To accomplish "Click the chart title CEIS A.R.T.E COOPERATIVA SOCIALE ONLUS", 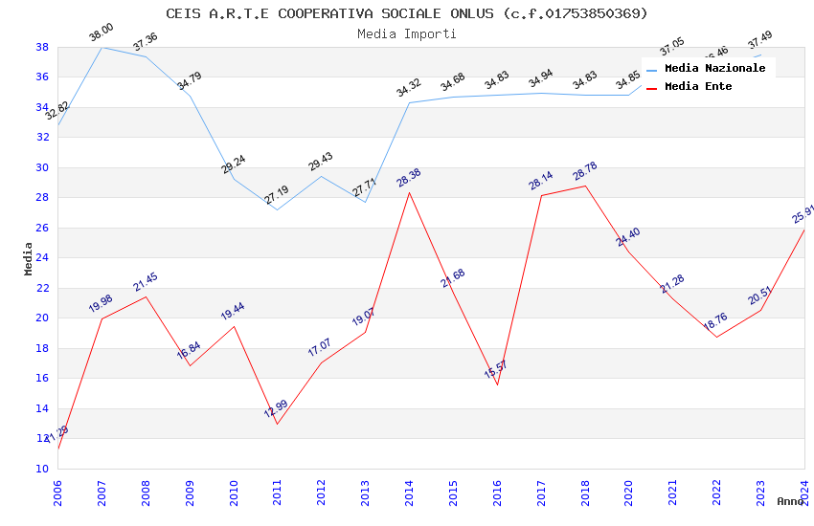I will tap(407, 13).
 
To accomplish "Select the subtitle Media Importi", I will tap(407, 33).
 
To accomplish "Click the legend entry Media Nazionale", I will tap(714, 69).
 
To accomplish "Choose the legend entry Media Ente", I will tap(698, 87).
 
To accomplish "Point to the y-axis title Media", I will tap(29, 258).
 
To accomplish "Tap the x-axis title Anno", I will tap(790, 501).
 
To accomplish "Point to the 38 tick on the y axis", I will tap(42, 47).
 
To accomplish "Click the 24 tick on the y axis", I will tap(42, 258).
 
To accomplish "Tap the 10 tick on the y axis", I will tap(42, 469).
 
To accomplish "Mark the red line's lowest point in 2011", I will tap(278, 424).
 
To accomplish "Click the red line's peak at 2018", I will tap(585, 186).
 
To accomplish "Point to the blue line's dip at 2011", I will tap(278, 209).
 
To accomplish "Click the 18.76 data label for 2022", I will tap(715, 322).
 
